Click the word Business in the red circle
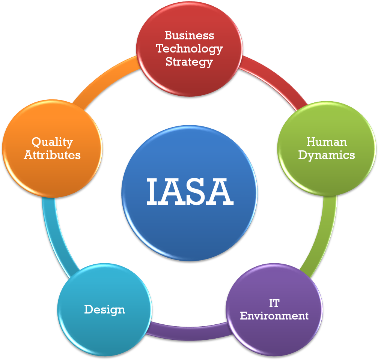(189, 35)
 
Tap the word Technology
(189, 49)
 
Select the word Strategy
(189, 62)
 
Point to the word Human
(327, 142)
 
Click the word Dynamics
(327, 155)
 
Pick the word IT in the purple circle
(274, 303)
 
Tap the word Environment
(274, 316)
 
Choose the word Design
(105, 310)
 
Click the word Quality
(52, 142)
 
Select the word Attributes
(52, 155)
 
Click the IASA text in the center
(190, 192)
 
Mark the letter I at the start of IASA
(152, 192)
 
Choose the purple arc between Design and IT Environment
(189, 332)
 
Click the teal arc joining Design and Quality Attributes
(56, 238)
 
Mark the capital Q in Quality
(36, 142)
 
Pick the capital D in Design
(89, 309)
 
